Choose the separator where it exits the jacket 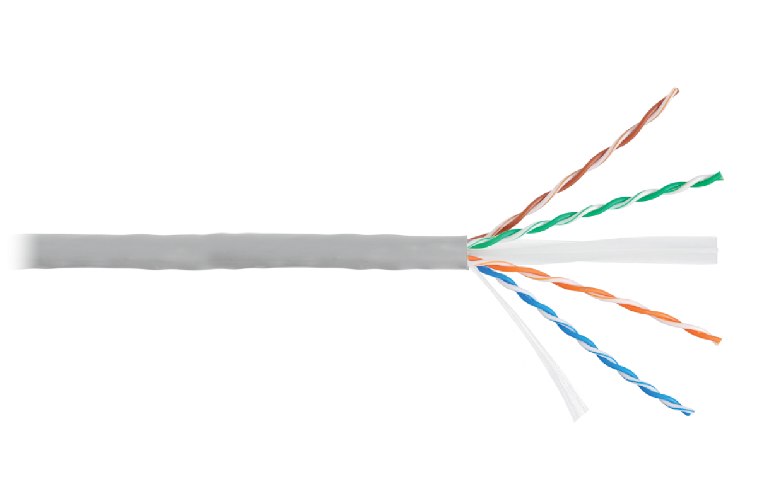coord(486,249)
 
